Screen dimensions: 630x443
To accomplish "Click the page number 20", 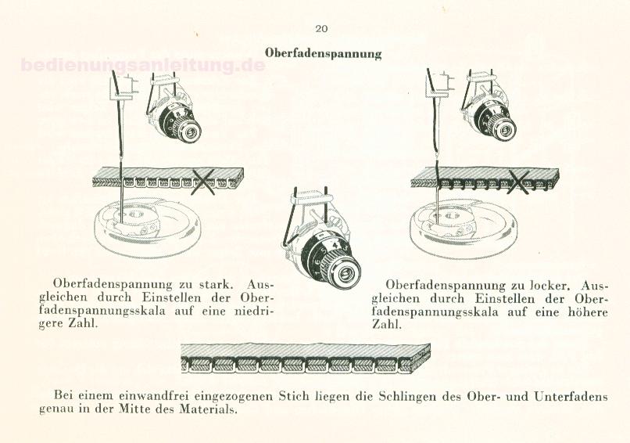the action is [321, 28].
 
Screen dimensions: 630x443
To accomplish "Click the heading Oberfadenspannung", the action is [323, 53].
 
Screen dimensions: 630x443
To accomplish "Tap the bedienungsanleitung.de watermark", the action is [142, 65].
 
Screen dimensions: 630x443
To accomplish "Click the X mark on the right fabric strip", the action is [519, 182].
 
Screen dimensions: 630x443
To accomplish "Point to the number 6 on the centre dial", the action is [317, 262].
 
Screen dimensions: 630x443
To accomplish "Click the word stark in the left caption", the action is [216, 284].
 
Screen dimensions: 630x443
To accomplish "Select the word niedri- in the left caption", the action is [253, 311].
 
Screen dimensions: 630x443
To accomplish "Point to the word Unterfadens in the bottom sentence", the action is [571, 396].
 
